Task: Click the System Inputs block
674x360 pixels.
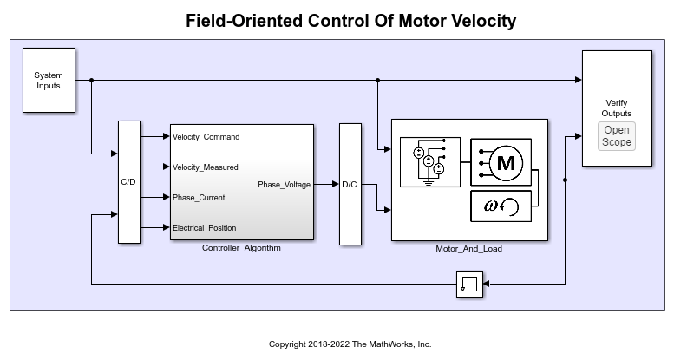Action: point(49,81)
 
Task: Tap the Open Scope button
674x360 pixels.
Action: point(617,136)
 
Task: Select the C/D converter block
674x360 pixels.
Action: point(129,182)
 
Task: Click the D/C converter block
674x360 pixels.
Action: point(350,185)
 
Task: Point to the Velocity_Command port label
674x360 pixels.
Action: point(206,137)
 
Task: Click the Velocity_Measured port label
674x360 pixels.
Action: point(205,167)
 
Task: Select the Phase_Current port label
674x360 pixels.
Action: point(199,198)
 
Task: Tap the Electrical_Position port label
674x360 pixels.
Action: point(204,228)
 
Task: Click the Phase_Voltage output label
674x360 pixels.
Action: point(285,185)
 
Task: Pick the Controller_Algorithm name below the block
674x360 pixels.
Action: point(241,248)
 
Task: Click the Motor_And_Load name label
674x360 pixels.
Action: point(469,249)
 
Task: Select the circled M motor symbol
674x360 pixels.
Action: point(506,162)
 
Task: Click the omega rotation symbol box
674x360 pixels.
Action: point(501,206)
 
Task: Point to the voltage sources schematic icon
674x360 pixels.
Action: point(430,162)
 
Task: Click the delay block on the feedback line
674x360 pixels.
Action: point(470,284)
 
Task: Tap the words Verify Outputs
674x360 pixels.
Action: point(617,108)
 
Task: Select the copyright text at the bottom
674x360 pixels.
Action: point(350,344)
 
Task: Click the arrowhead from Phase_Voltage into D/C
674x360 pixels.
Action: point(336,185)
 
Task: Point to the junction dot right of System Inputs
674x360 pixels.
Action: point(91,80)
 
